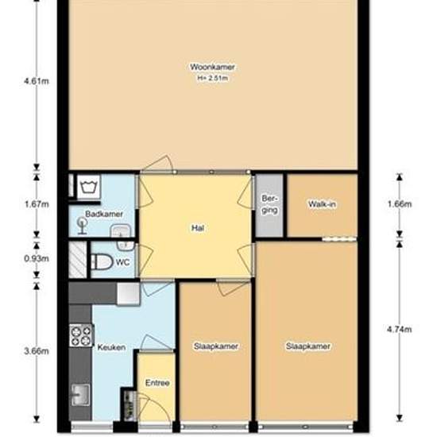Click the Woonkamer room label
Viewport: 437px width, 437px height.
pyautogui.click(x=212, y=68)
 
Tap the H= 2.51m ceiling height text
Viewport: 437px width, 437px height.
pyautogui.click(x=213, y=79)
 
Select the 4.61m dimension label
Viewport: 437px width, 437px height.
pyautogui.click(x=37, y=81)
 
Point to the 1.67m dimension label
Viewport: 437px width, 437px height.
pyautogui.click(x=37, y=204)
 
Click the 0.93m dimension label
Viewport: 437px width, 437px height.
pyautogui.click(x=37, y=259)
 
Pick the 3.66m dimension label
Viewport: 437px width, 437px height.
pyautogui.click(x=37, y=351)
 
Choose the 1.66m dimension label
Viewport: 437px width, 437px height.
pyautogui.click(x=400, y=204)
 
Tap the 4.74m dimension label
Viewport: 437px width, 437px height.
pyautogui.click(x=400, y=330)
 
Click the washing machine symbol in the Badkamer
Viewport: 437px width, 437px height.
pyautogui.click(x=88, y=187)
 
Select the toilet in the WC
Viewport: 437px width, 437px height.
pyautogui.click(x=102, y=261)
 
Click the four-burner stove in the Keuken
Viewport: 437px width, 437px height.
pyautogui.click(x=81, y=335)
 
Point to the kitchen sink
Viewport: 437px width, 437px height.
pyautogui.click(x=81, y=395)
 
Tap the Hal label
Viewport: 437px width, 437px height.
pyautogui.click(x=198, y=228)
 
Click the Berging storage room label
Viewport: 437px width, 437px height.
pyautogui.click(x=269, y=204)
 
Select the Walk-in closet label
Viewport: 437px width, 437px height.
pyautogui.click(x=322, y=204)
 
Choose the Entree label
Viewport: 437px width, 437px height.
pyautogui.click(x=157, y=383)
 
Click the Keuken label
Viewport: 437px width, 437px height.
pyautogui.click(x=111, y=347)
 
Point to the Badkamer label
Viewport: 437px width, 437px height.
pyautogui.click(x=104, y=214)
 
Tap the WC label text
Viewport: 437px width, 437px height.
pyautogui.click(x=123, y=262)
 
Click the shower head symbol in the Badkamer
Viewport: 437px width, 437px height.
pyautogui.click(x=83, y=226)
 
